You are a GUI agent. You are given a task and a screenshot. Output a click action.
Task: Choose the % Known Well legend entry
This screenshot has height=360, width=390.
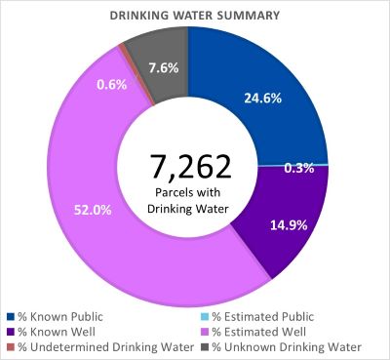click(54, 332)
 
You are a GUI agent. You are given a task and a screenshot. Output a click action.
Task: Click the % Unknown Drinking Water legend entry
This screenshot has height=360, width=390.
click(283, 347)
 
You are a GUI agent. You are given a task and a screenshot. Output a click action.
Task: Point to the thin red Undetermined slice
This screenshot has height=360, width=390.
click(121, 46)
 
